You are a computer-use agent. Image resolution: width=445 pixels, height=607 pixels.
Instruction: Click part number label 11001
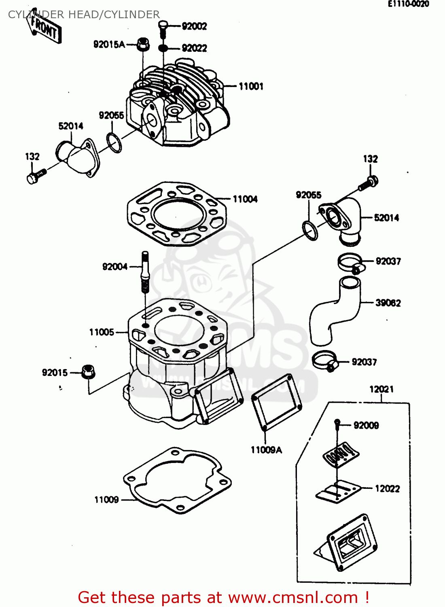pos(251,86)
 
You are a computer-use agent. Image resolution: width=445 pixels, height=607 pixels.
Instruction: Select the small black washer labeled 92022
pos(163,48)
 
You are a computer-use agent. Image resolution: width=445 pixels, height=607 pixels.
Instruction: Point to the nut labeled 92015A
pos(143,45)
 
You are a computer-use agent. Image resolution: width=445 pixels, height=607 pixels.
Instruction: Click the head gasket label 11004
pos(245,199)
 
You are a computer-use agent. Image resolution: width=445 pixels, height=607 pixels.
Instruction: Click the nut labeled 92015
pos(88,371)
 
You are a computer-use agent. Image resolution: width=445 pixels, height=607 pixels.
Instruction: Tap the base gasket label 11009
pos(106,500)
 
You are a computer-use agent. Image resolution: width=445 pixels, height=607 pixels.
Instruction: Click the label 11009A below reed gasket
pos(266,450)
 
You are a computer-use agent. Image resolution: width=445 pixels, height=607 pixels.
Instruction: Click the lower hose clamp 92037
pos(325,360)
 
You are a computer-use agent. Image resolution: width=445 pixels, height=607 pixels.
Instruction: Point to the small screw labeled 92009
pos(337,423)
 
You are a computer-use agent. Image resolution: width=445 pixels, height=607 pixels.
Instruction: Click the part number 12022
pos(387,488)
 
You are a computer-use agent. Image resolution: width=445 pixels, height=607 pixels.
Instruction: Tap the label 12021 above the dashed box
pos(381,389)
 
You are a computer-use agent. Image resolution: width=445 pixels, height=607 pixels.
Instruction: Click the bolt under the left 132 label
pos(36,176)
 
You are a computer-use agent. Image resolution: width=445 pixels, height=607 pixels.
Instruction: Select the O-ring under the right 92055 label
pos(310,230)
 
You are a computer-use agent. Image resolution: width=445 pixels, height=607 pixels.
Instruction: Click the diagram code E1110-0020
pos(408,4)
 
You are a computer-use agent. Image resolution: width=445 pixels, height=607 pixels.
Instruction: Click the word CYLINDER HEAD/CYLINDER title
pos(84,15)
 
